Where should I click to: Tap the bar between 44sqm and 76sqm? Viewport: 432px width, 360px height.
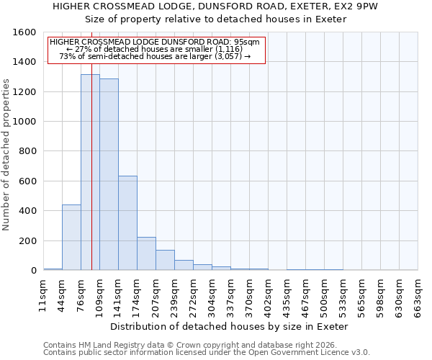pos(71,238)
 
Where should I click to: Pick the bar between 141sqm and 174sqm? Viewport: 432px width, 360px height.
pos(127,223)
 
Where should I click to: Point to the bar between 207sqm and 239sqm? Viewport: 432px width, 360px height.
pos(165,260)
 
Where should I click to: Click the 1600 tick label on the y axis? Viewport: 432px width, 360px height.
pos(24,32)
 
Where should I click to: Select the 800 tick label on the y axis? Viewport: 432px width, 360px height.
pos(27,151)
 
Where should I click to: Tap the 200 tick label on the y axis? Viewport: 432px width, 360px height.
pos(27,240)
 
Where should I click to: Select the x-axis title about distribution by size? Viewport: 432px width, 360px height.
pos(230,326)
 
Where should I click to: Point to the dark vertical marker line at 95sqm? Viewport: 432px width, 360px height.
pos(91,180)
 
